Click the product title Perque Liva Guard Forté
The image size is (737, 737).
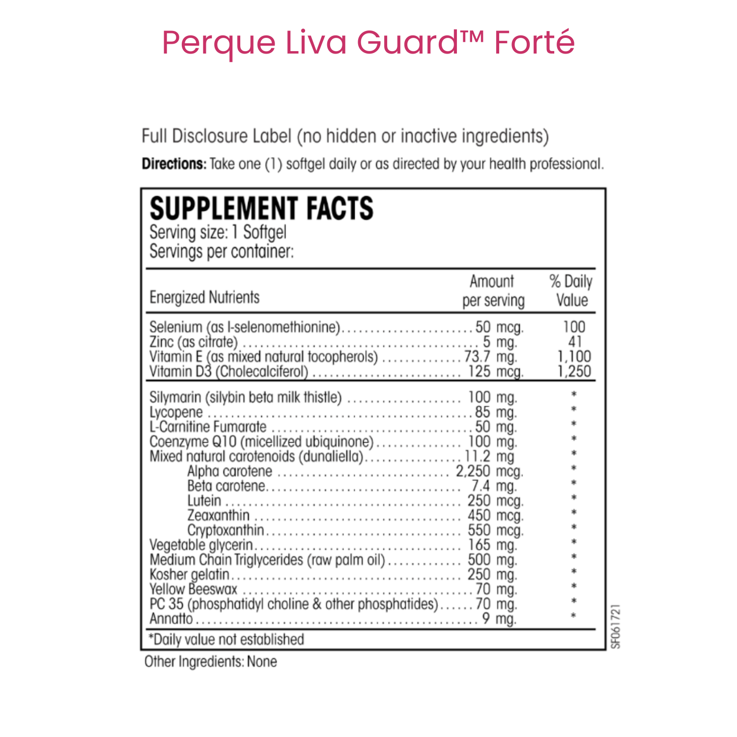pos(368,42)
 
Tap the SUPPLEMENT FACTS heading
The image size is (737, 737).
pos(261,208)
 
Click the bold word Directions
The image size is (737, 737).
pos(174,164)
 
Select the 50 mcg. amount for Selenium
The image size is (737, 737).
pos(499,327)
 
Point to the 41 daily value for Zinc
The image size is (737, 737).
pos(574,342)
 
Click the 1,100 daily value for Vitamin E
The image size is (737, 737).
pos(574,357)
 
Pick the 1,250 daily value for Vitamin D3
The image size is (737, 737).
pos(574,371)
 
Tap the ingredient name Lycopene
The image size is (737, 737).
pos(176,412)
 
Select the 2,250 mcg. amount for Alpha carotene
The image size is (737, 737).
pos(489,471)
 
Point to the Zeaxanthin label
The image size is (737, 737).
pos(218,515)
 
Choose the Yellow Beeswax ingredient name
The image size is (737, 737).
pos(193,589)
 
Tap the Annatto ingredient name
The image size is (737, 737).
pos(171,619)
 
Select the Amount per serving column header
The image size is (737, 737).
pos(493,290)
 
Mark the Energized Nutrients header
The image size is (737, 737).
pos(204,297)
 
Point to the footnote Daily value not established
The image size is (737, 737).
pos(227,639)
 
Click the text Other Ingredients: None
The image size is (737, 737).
pos(210,662)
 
